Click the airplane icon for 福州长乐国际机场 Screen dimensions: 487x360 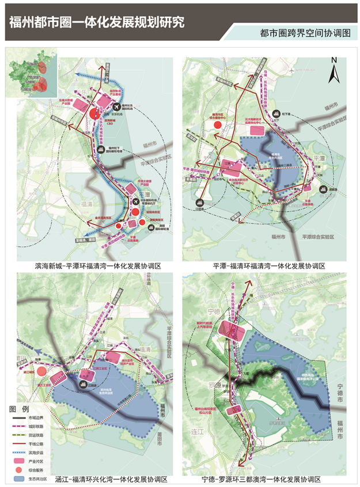tap(118, 107)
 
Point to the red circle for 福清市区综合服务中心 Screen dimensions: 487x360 tap(218, 124)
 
